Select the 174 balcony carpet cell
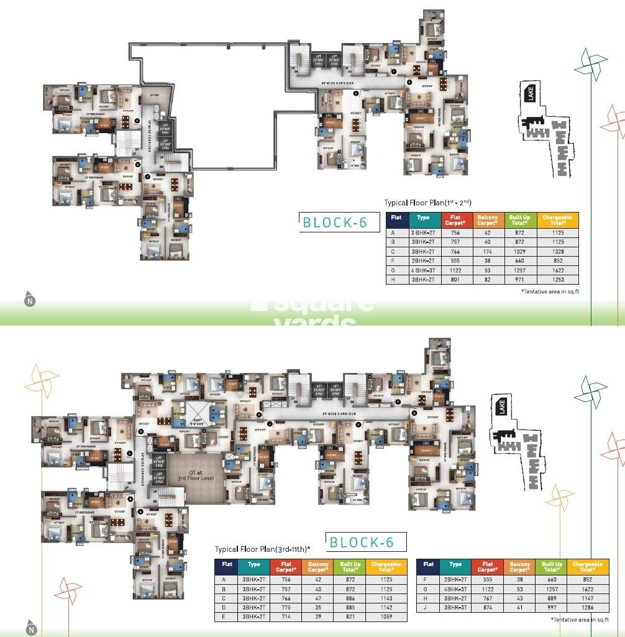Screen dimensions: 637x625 [487, 251]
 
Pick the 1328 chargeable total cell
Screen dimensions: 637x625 [557, 251]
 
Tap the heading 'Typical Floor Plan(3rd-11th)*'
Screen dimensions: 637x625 [262, 549]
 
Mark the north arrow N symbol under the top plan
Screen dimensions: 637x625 [30, 300]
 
